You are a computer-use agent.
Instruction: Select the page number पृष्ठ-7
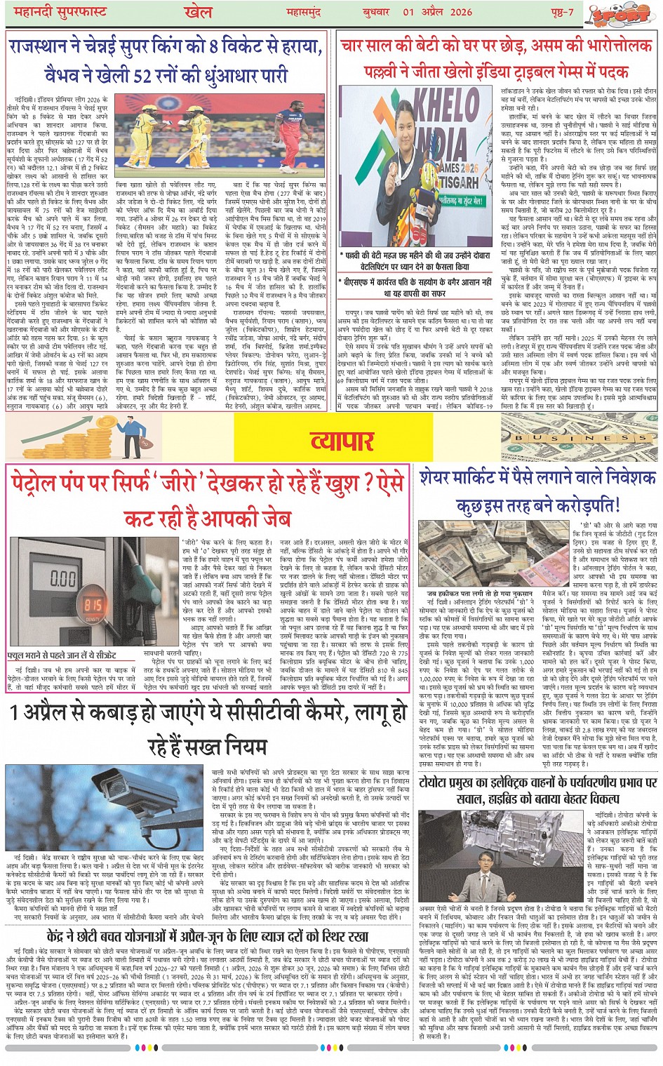coord(561,12)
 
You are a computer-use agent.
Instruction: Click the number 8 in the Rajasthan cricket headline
coord(212,48)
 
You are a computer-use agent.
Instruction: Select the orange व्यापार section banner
coord(342,441)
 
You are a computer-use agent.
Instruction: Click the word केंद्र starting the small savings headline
coord(64,936)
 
